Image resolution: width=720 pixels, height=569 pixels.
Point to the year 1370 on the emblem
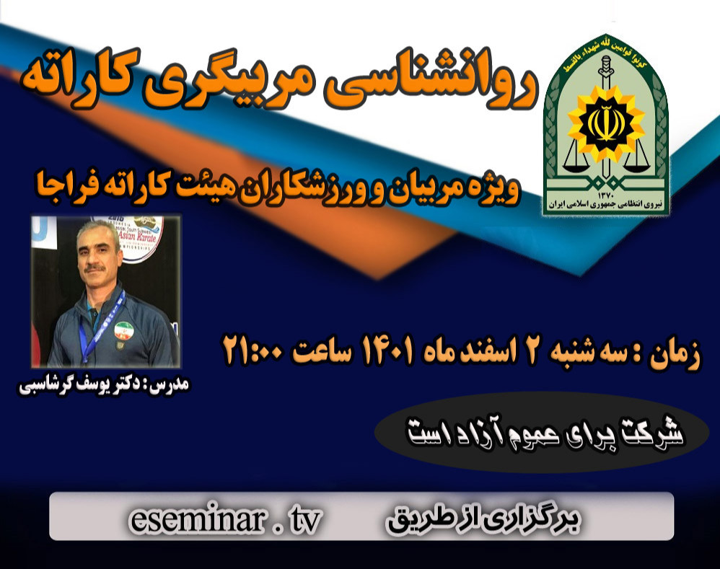pos(607,193)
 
